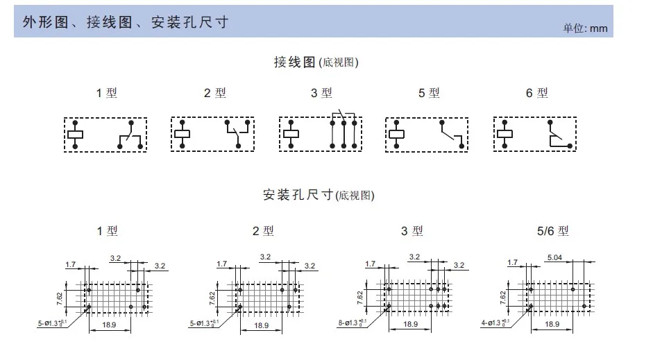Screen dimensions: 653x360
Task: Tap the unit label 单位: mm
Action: [584, 28]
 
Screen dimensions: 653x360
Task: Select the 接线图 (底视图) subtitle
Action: [316, 62]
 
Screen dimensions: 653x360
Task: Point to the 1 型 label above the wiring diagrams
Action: [107, 92]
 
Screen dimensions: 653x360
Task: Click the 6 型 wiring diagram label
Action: [536, 92]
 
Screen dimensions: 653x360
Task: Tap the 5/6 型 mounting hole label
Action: [552, 230]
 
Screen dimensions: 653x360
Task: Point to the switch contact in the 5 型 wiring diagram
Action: [451, 133]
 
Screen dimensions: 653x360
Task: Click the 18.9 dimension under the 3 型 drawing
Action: [410, 324]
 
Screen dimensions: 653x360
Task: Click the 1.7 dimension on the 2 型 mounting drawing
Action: [221, 264]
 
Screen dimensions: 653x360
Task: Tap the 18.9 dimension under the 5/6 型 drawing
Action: [552, 324]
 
